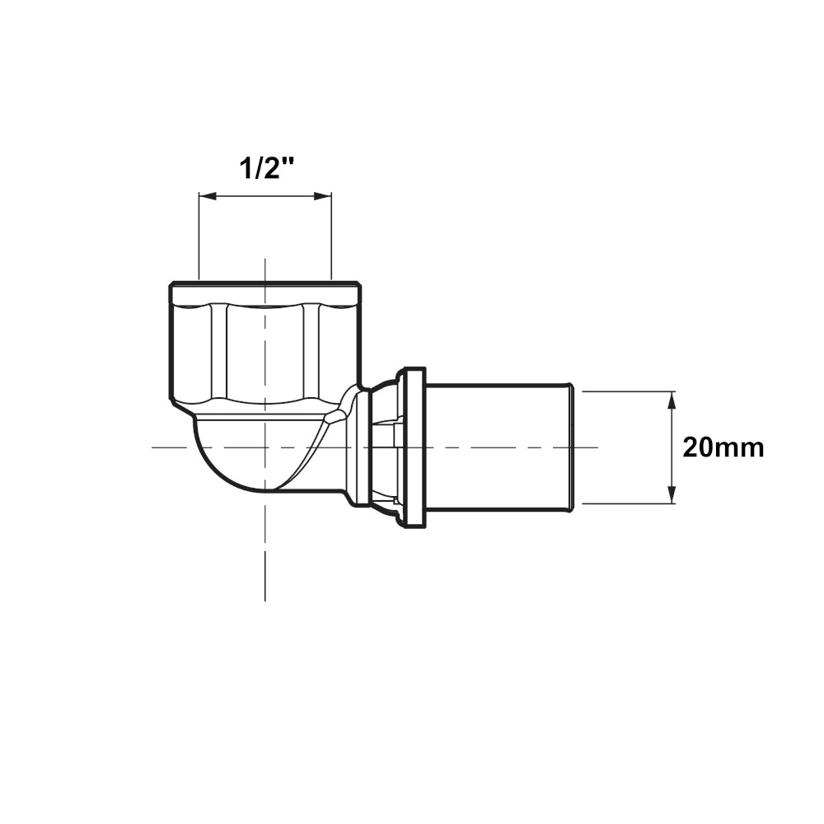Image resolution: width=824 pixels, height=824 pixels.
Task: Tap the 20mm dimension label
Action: (x=723, y=448)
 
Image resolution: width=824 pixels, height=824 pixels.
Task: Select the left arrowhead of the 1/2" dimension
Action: (x=208, y=196)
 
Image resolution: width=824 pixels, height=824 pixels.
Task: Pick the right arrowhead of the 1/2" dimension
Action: (x=323, y=196)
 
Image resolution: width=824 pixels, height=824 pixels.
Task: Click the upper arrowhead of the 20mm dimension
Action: (x=672, y=401)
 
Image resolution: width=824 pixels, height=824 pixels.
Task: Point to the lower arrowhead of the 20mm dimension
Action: (x=672, y=494)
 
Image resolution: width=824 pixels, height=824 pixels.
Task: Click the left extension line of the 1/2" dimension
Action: (x=198, y=236)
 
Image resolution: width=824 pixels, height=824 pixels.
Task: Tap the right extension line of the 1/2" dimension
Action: (x=332, y=236)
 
